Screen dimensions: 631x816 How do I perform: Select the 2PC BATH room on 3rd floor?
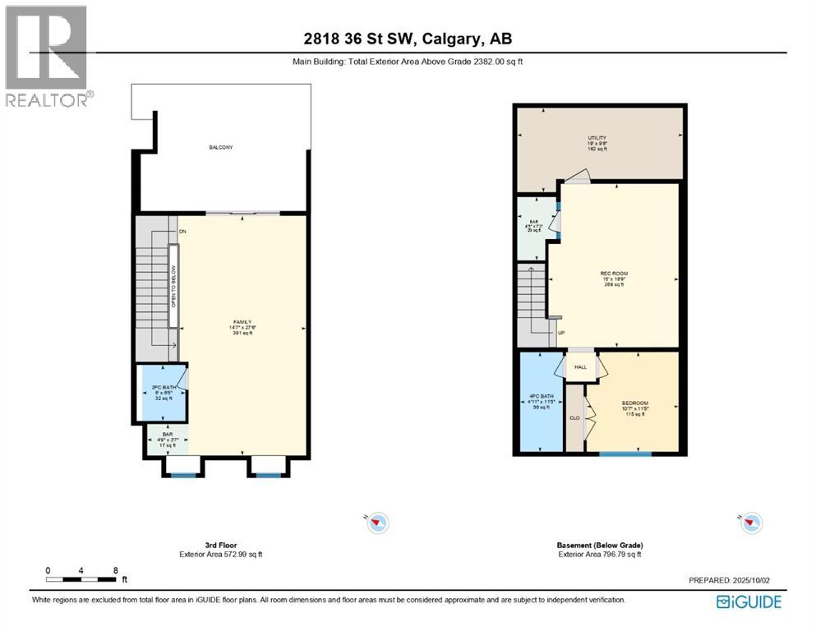[x=161, y=392]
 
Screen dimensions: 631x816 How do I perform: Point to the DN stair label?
[x=182, y=232]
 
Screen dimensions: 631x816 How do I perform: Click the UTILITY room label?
[x=597, y=138]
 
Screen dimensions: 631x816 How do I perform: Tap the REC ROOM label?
[x=609, y=274]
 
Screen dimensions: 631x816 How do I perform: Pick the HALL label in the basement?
[x=579, y=366]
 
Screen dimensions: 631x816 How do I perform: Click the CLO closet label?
[x=574, y=417]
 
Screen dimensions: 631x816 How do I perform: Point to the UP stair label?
[x=561, y=333]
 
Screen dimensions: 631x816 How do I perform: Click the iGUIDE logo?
[x=749, y=601]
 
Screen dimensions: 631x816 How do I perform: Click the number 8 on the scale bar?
[x=116, y=570]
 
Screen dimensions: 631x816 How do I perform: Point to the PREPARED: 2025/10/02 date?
[x=729, y=580]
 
